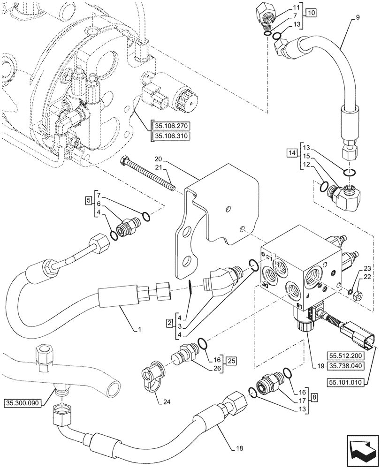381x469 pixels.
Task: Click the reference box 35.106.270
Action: (169, 125)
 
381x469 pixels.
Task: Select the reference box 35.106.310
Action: (169, 136)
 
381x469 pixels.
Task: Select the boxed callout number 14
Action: (292, 153)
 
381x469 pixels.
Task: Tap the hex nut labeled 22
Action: (356, 295)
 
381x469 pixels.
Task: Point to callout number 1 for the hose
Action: (140, 330)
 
